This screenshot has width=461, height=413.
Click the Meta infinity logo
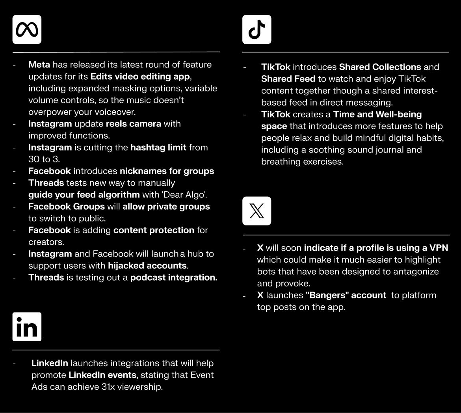[27, 30]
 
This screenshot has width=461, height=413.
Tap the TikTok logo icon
[257, 30]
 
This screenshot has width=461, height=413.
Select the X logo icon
[257, 211]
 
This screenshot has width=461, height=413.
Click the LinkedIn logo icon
[27, 327]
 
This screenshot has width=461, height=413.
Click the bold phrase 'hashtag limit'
[158, 147]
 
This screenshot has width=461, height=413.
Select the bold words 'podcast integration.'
[174, 277]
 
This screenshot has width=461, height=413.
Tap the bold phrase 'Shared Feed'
[287, 79]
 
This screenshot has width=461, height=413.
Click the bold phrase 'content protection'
[154, 230]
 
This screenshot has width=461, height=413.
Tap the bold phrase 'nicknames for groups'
[167, 171]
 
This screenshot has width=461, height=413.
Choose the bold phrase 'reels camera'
[134, 124]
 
